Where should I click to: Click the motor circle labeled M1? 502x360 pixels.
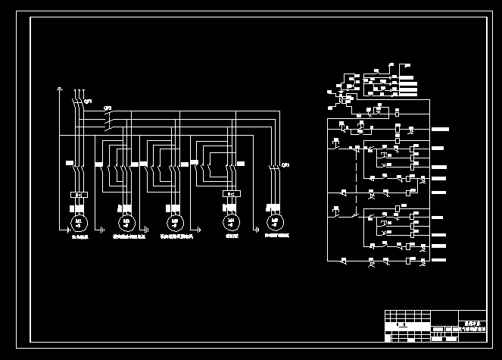coord(80,222)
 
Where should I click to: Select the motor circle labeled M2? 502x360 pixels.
coord(126,222)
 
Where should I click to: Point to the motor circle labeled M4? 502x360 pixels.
coord(229,222)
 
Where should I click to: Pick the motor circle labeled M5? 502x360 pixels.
coord(276,222)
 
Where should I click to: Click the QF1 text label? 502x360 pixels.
coord(88,101)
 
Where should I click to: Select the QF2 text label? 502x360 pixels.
coord(108,108)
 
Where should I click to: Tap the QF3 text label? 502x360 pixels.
coord(285,164)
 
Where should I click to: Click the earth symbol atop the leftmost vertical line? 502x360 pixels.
coord(60,89)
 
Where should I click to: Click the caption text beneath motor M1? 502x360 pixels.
coord(80,237)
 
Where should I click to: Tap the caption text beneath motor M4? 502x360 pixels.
coord(229,237)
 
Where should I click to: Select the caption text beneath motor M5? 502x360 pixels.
coord(277,237)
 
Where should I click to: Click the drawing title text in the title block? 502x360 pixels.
coord(472,326)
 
